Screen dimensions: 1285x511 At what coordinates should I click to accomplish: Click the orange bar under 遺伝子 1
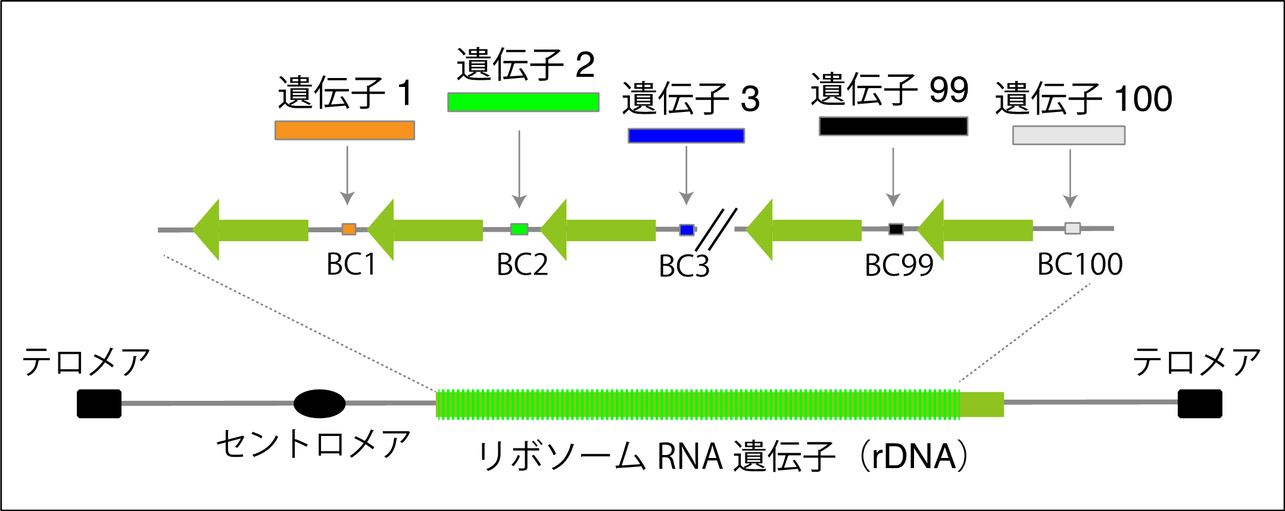coord(345,130)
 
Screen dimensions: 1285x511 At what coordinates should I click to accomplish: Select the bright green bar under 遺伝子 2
coord(523,102)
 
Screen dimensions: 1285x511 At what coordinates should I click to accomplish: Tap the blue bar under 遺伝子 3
coord(686,136)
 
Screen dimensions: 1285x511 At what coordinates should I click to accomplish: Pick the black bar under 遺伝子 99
coord(893,126)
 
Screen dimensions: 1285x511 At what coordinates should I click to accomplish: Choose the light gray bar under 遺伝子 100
coord(1069,135)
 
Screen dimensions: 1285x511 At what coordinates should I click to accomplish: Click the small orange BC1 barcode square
coord(349,229)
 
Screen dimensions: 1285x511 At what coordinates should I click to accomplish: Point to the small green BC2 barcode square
coord(519,229)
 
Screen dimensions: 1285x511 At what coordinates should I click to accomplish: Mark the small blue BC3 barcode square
coord(687,230)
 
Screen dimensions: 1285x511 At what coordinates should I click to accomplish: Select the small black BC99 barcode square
coord(896,229)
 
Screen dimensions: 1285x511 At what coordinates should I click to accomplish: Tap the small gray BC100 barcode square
coord(1072,228)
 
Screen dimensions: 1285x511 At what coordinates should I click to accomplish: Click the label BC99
coord(899,265)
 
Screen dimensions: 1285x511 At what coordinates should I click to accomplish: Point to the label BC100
coord(1080,264)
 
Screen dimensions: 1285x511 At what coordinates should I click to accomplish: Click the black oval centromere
coord(320,404)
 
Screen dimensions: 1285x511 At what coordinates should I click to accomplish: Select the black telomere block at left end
coord(99,404)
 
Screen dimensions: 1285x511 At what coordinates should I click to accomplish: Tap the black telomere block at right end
coord(1200,404)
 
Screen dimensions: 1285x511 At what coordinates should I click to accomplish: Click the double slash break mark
coord(716,229)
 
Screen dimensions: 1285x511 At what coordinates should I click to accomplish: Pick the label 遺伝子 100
coord(1084,98)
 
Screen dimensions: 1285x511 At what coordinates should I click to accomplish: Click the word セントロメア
coord(313,444)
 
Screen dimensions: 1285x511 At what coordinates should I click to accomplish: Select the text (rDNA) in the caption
coord(915,457)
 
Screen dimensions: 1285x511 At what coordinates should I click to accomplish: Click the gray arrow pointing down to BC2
coord(519,169)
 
